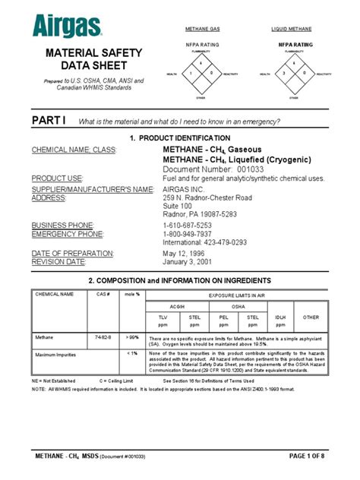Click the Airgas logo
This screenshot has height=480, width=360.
pyautogui.click(x=67, y=27)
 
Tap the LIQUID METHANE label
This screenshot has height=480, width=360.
pyautogui.click(x=292, y=30)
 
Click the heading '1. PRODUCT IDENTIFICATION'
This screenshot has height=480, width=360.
pyautogui.click(x=179, y=137)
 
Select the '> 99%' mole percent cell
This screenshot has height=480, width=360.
pyautogui.click(x=133, y=335)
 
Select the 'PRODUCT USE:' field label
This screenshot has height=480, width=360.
pyautogui.click(x=57, y=178)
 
